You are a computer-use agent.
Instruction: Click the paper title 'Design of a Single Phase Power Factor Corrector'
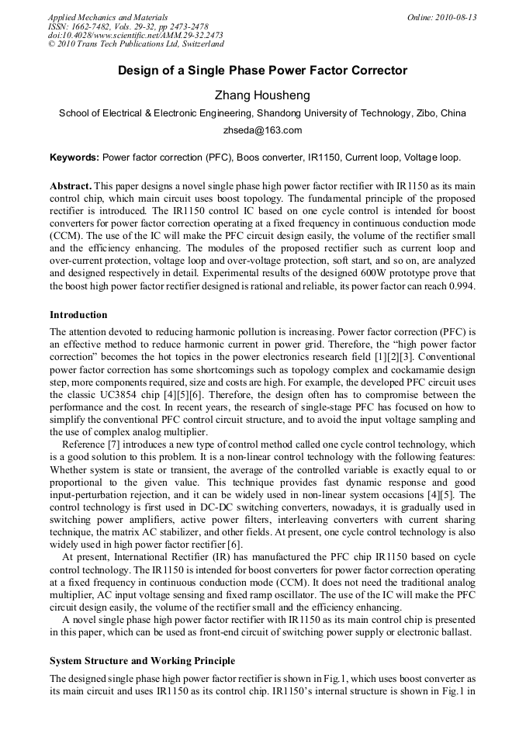[262, 71]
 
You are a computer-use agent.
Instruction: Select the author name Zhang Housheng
[262, 95]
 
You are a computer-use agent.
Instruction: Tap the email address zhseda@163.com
[262, 130]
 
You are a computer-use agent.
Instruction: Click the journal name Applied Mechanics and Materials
[108, 17]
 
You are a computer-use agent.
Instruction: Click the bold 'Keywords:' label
[74, 157]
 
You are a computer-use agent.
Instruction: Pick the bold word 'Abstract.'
[71, 187]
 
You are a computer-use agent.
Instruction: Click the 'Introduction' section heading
[78, 315]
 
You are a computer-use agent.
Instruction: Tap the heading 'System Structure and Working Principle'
[142, 661]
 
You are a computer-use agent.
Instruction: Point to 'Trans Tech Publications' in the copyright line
[126, 45]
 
